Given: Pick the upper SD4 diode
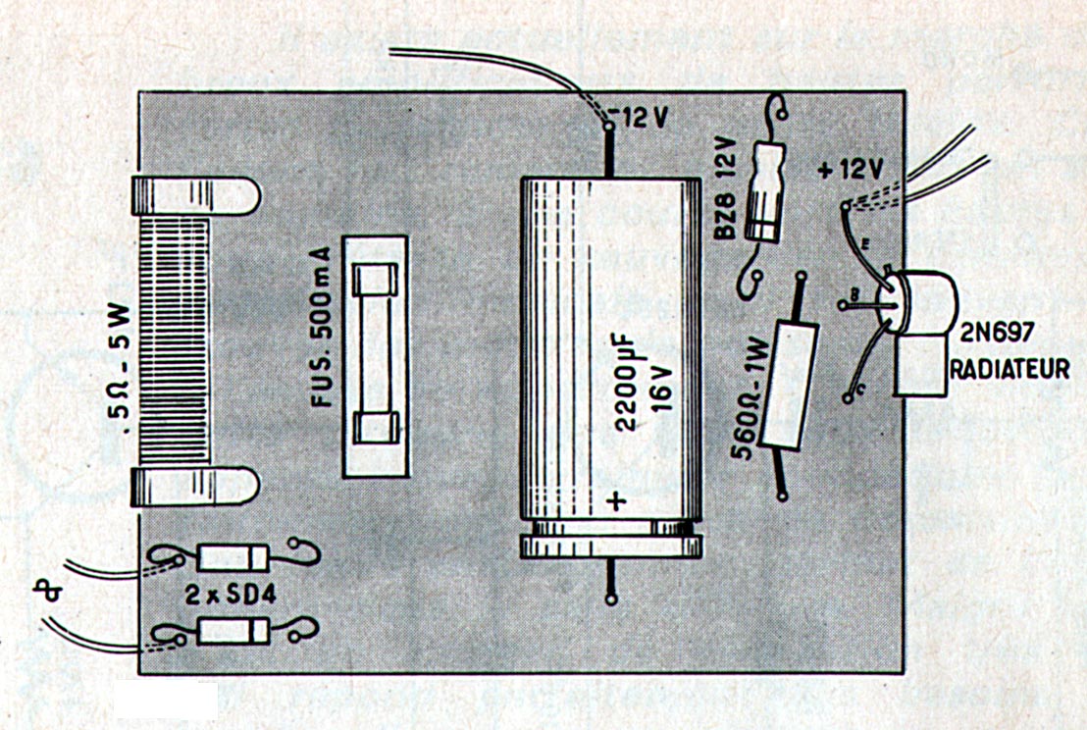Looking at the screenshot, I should [232, 558].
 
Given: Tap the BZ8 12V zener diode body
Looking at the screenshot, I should [765, 191].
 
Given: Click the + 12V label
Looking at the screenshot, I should [850, 168].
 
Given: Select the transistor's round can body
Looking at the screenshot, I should [922, 303].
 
